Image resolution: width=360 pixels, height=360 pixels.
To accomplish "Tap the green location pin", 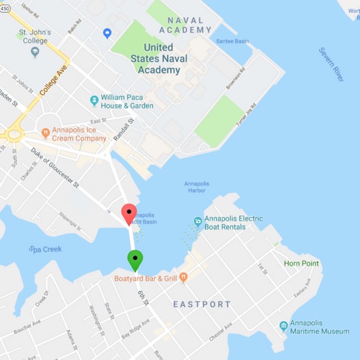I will coord(135,259).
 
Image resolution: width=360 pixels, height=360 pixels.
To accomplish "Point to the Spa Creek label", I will coord(45,249).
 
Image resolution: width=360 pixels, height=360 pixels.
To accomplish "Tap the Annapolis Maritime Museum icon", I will coord(283,325).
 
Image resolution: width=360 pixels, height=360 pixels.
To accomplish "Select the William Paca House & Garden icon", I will coord(94,101).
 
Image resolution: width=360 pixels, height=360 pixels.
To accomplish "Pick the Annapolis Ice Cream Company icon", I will coord(46,129).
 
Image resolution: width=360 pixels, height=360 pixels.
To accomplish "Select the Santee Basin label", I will coord(231,42).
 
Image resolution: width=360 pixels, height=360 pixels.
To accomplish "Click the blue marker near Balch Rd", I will coord(107,33).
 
